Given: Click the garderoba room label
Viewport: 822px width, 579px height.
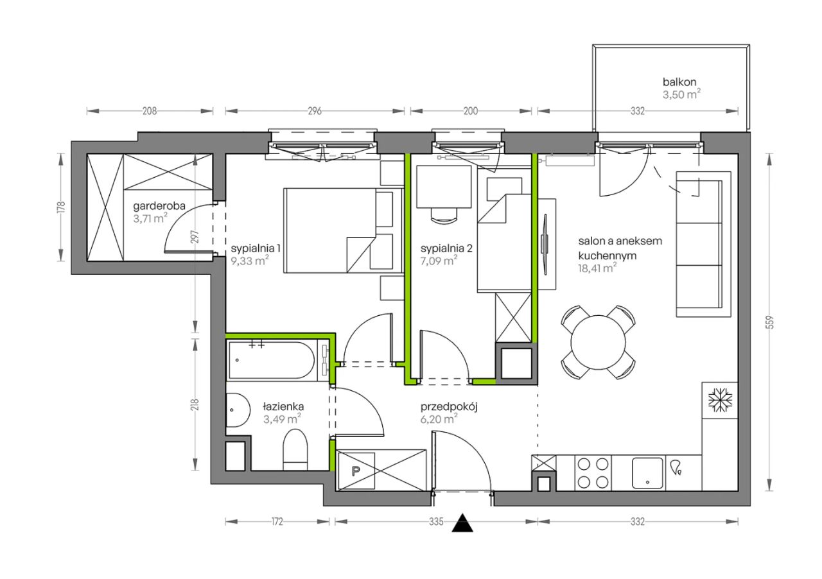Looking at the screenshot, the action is (159, 206).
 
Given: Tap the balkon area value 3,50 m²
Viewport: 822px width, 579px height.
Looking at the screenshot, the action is (681, 94).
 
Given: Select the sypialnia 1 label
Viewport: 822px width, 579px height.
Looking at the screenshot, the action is (256, 249).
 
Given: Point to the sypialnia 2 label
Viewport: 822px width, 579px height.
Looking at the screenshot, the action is (446, 249).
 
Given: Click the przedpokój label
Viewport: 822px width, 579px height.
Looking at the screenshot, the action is (449, 407).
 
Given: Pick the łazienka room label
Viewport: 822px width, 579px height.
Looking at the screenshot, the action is (283, 406).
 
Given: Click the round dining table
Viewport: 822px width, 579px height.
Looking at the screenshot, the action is (598, 342).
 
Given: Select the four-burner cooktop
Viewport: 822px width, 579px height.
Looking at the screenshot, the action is (593, 473).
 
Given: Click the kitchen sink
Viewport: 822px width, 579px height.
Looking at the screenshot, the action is (648, 473).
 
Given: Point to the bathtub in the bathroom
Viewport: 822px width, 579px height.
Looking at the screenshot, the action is (272, 360).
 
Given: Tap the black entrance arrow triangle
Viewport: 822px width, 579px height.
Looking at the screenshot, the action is (462, 523).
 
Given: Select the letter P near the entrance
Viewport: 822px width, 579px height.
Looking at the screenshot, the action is (356, 471).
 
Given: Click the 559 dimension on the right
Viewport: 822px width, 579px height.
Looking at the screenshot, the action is (770, 322).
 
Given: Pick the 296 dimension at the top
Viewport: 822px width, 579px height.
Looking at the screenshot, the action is (315, 111).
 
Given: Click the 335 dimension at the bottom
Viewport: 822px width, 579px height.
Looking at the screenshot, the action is (436, 521).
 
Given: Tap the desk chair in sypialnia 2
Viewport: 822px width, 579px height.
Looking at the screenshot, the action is (444, 216).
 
